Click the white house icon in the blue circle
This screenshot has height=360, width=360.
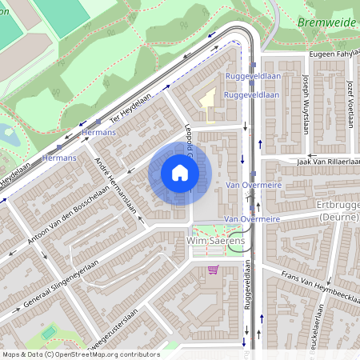pyautogui.click(x=180, y=173)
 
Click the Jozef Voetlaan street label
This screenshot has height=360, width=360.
pyautogui.click(x=350, y=100)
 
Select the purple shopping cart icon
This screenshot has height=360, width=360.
pyautogui.click(x=212, y=270)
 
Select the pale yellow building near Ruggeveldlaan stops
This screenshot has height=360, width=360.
pyautogui.click(x=207, y=103)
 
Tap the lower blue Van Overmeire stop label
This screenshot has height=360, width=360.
pyautogui.click(x=252, y=218)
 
